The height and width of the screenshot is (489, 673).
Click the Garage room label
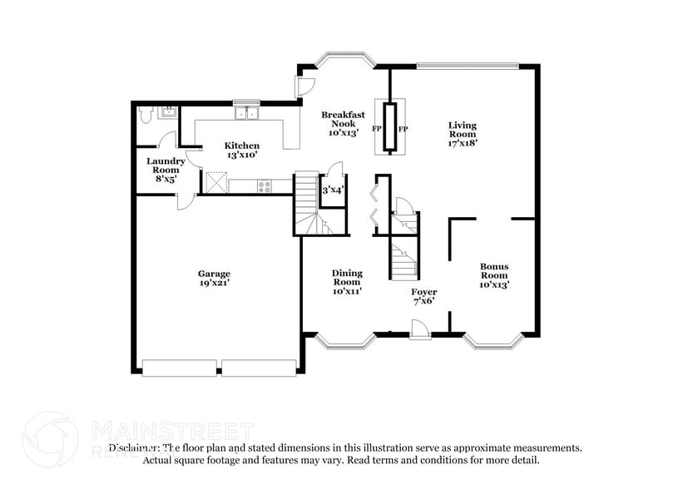click(214, 274)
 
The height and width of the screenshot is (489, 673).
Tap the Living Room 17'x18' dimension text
click(463, 143)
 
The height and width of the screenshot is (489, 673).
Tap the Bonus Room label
click(493, 271)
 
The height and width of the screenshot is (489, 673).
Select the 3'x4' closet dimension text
click(333, 191)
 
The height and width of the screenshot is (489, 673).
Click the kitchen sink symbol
click(246, 114)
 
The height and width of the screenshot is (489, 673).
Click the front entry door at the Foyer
click(420, 333)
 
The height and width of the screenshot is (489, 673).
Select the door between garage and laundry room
click(185, 201)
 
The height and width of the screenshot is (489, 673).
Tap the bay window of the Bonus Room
click(493, 340)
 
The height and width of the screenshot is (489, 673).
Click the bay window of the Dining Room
click(344, 340)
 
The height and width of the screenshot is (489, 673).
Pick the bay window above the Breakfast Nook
click(343, 61)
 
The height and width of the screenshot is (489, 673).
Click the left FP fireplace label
click(377, 130)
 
